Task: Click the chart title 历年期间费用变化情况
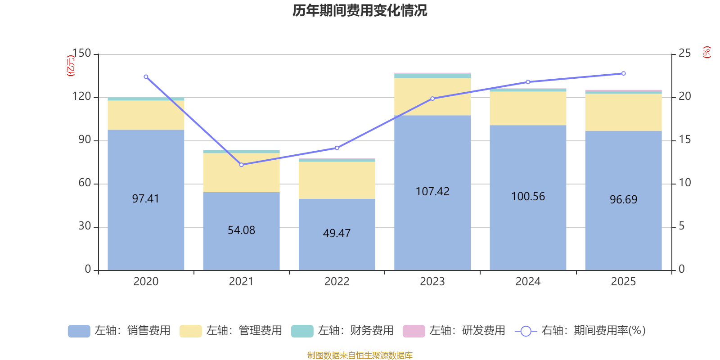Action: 360,10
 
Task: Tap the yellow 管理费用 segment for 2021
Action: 241,172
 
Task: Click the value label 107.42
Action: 432,192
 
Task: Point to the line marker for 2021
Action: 241,165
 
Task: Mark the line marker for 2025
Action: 623,73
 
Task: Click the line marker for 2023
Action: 432,99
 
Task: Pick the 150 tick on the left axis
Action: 81,54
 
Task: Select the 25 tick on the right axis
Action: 684,54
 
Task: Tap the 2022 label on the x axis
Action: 337,282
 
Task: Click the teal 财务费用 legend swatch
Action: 302,331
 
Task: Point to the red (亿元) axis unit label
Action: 71,66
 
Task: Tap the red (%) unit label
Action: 707,52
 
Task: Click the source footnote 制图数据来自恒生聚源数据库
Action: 360,355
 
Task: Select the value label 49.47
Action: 337,234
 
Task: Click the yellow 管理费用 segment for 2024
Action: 528,108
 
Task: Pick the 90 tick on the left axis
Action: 85,140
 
